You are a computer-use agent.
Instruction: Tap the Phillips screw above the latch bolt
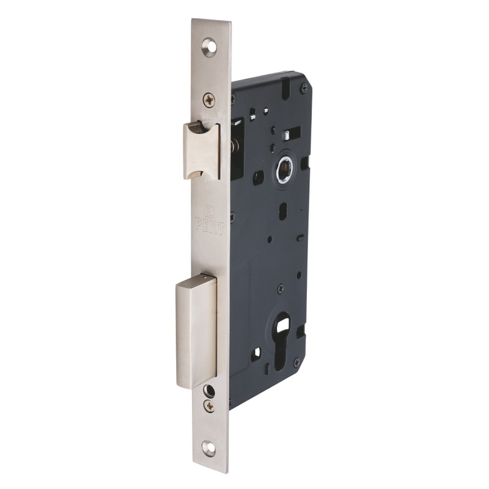[209, 100]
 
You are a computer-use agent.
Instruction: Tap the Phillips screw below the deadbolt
[209, 406]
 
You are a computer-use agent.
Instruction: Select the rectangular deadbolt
[196, 330]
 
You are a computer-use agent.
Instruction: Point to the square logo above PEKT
[208, 208]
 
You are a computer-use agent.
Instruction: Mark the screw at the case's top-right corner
[304, 89]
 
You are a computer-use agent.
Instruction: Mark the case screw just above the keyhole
[281, 287]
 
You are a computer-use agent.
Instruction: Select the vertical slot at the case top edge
[285, 87]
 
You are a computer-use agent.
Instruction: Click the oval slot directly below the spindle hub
[282, 211]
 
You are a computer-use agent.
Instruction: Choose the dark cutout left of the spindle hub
[258, 178]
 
